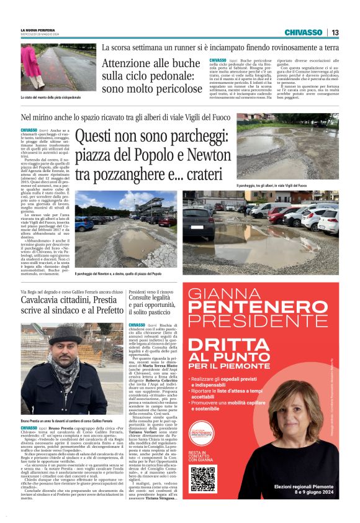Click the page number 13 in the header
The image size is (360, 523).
(335, 32)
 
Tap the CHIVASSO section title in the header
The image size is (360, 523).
(304, 32)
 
